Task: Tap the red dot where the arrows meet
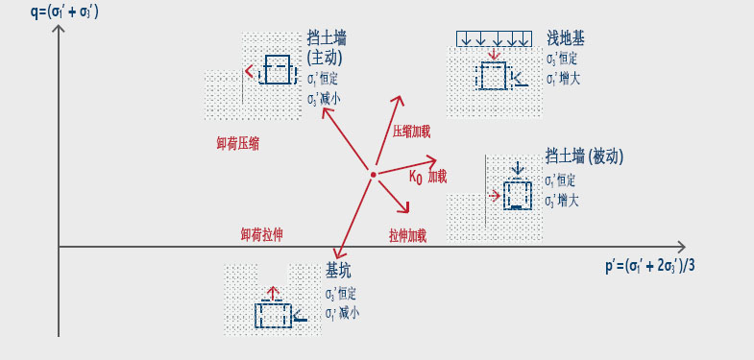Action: (x=372, y=175)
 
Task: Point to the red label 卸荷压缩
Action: (x=237, y=144)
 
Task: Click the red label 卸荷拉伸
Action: (x=260, y=234)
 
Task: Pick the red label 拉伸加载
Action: (x=407, y=234)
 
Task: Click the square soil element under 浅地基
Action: (x=492, y=76)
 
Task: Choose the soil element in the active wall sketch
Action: (x=277, y=70)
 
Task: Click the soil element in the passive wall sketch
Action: (x=517, y=195)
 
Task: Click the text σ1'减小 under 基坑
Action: (x=342, y=313)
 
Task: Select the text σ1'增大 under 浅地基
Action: (x=563, y=81)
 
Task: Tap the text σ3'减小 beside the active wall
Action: (x=324, y=99)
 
